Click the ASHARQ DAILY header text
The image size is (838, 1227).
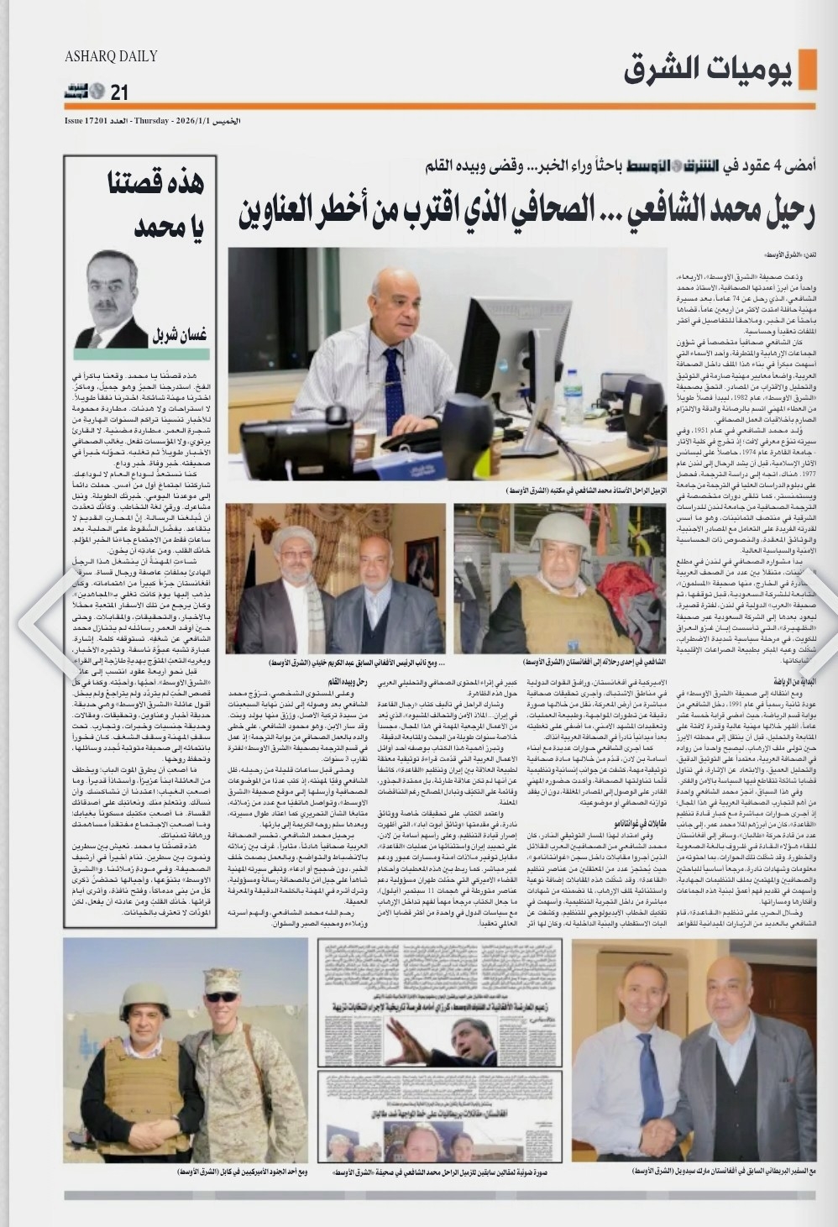pos(111,56)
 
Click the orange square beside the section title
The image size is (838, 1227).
pos(808,69)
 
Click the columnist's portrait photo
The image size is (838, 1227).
pos(112,299)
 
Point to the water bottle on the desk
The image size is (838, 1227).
pos(574,395)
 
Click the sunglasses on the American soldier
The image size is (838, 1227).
pos(222,997)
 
